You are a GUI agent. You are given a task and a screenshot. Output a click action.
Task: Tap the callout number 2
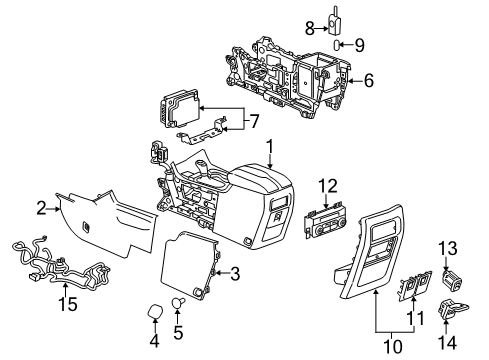tap(42, 208)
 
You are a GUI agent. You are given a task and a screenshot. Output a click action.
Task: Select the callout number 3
tap(233, 273)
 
